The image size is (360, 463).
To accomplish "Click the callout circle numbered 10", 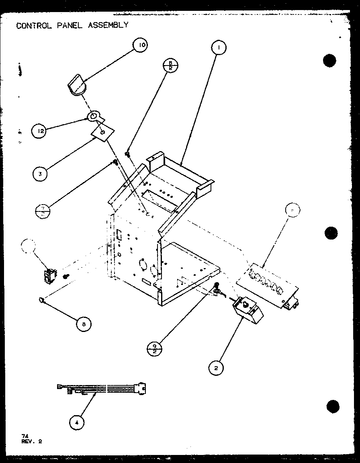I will (x=140, y=45).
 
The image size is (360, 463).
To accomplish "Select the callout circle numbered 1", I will (x=218, y=48).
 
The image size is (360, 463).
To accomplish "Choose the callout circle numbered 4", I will (x=77, y=422).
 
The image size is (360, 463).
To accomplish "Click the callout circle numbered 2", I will (x=217, y=368).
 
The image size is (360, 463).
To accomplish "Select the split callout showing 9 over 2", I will (x=155, y=348).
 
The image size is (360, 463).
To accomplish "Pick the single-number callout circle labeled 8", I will (x=82, y=324).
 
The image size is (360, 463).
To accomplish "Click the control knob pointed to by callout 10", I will (x=76, y=87).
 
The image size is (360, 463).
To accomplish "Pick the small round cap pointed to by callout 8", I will (x=41, y=299).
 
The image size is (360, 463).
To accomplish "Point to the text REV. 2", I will (x=32, y=441).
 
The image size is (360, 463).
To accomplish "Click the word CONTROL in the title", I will (x=32, y=25).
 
